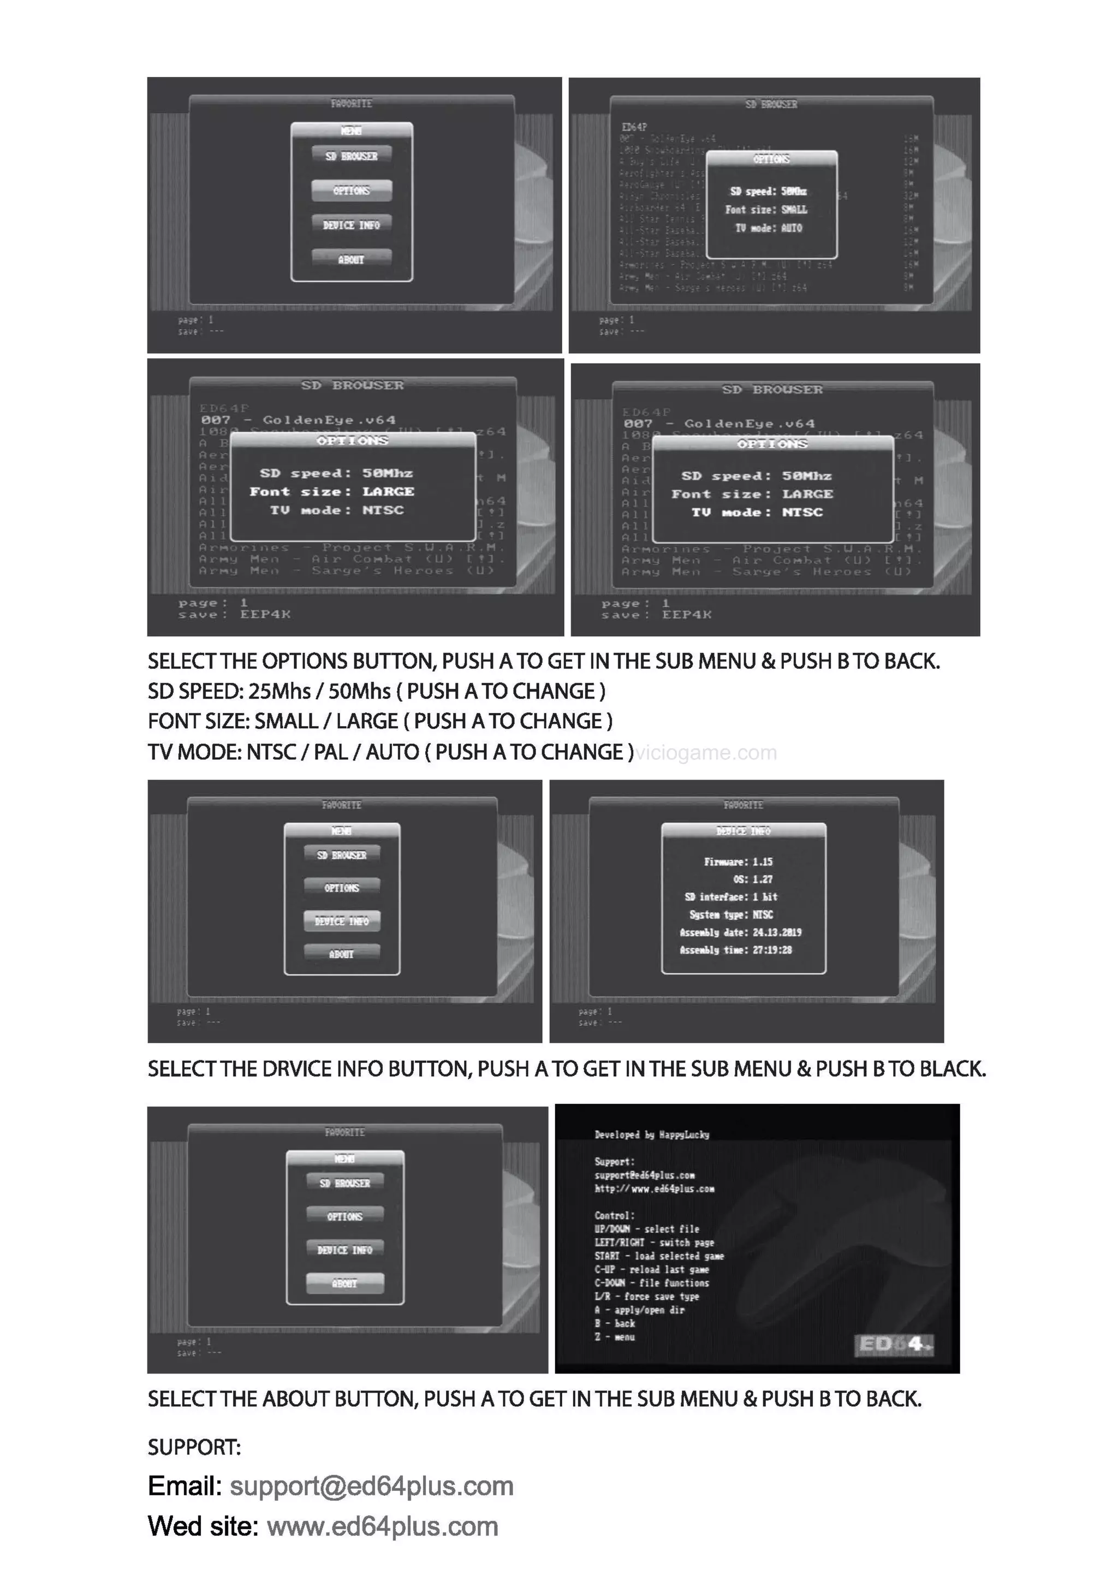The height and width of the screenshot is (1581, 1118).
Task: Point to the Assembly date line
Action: click(x=740, y=932)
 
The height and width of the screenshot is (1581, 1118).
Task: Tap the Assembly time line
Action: click(x=735, y=950)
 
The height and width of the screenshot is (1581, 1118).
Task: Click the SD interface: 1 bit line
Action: click(x=730, y=896)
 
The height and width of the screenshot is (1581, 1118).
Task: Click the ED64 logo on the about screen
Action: click(x=894, y=1344)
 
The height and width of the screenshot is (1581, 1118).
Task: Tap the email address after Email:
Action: click(x=372, y=1486)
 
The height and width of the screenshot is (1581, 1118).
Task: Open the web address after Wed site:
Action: click(x=382, y=1526)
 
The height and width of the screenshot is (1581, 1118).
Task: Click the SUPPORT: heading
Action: click(x=194, y=1447)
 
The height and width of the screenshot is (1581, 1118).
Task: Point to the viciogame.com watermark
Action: click(x=706, y=753)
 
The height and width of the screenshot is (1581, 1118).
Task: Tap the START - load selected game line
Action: click(x=659, y=1256)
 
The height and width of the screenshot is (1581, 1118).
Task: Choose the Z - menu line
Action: click(x=615, y=1336)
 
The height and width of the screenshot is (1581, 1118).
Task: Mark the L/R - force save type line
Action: click(x=646, y=1296)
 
